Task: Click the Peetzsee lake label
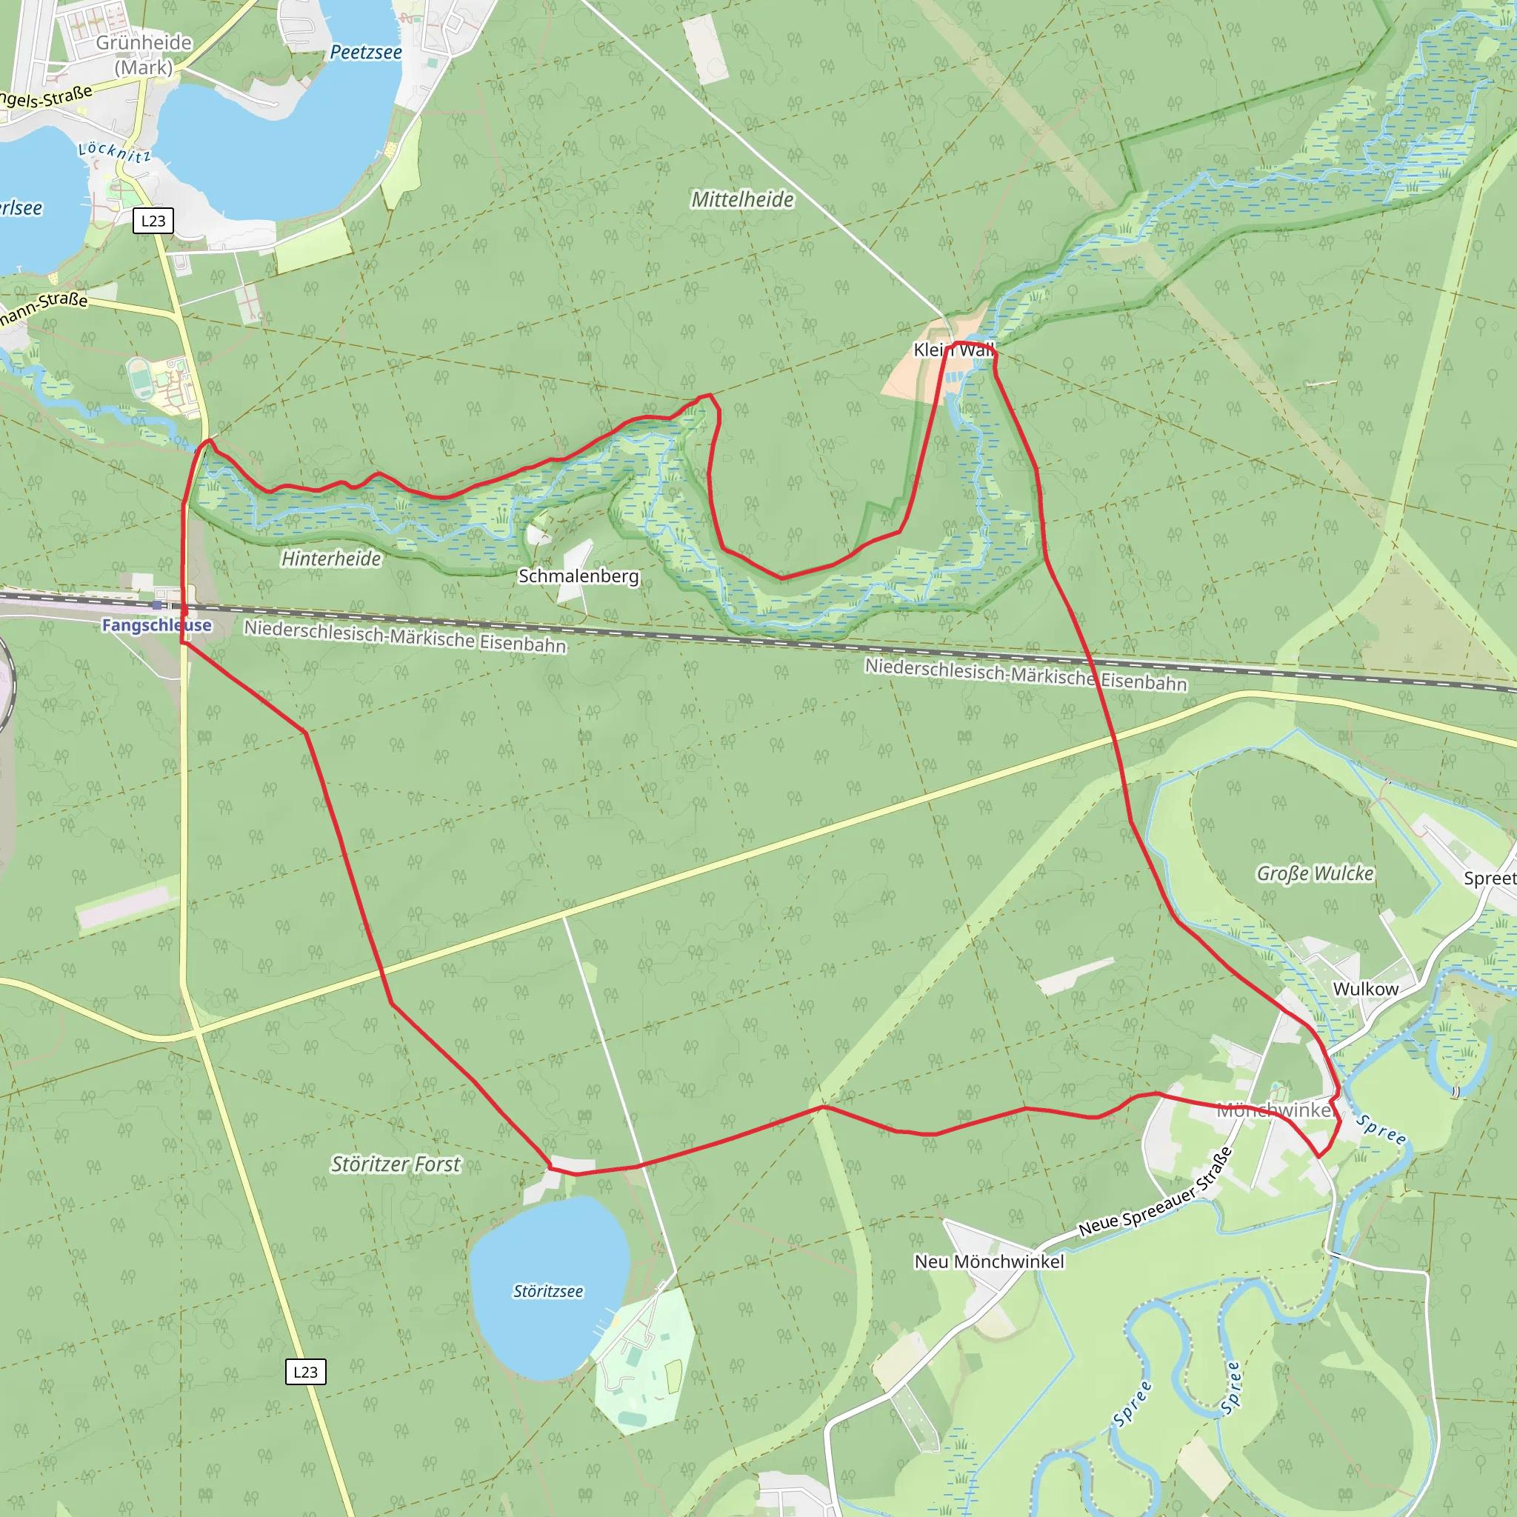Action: [366, 53]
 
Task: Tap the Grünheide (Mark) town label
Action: [144, 55]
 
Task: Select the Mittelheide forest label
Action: [742, 199]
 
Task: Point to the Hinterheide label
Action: [331, 559]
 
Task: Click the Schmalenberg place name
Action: [579, 576]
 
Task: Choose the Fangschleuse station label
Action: [157, 625]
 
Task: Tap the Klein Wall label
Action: [953, 350]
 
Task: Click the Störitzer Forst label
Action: [396, 1164]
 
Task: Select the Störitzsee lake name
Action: [548, 1292]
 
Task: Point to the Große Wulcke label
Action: [1316, 873]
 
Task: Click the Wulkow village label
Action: [1365, 989]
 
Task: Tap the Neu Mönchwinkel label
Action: [990, 1261]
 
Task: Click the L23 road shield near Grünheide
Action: [153, 221]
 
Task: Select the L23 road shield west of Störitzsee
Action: [305, 1372]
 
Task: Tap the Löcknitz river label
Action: [115, 152]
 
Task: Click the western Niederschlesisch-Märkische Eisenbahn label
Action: [404, 637]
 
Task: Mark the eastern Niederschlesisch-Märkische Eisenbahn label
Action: [1025, 676]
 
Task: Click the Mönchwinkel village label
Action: [1276, 1110]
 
